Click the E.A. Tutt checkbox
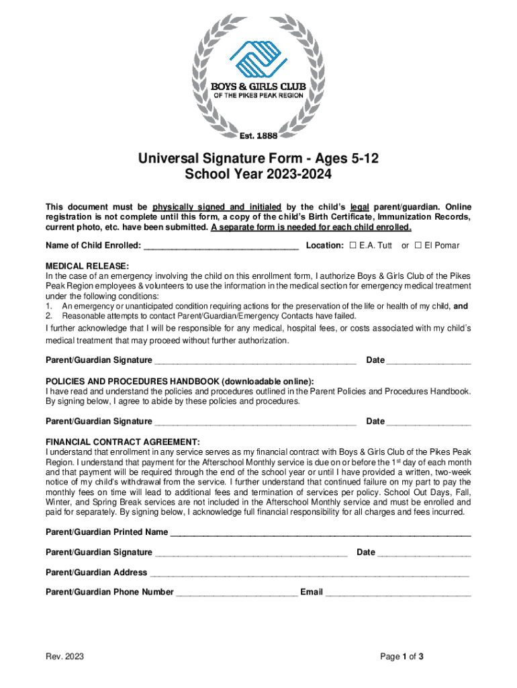point(353,245)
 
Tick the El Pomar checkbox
point(418,245)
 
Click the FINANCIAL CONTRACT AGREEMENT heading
point(122,441)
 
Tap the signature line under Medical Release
point(255,361)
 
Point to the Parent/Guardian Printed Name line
point(320,533)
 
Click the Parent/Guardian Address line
point(309,573)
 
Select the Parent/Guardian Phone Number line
point(236,593)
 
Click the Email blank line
point(398,593)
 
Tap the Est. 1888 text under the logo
point(258,136)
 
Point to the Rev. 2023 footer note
point(64,656)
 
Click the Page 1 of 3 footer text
point(402,656)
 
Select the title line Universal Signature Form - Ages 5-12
point(258,159)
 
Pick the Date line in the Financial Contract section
point(424,553)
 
